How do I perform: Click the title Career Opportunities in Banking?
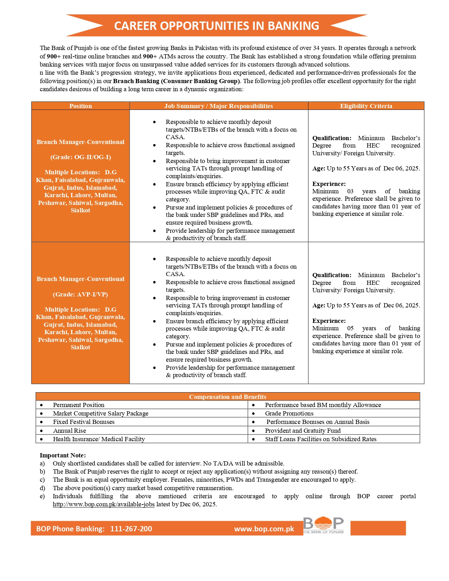coord(217,26)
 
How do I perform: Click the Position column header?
coord(80,106)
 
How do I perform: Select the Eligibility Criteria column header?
coord(366,106)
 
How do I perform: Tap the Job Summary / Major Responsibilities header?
coord(218,106)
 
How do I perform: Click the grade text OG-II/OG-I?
coord(81,157)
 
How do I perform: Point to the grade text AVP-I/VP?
coord(81,294)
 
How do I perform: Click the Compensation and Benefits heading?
coord(227,397)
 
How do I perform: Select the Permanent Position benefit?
coord(79,405)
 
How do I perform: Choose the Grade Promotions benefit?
coord(289,413)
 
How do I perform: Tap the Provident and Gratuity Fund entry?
coord(303,431)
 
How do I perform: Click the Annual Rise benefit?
coord(69,431)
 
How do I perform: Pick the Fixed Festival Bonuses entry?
coord(83,422)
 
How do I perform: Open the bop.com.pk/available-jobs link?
coord(104,504)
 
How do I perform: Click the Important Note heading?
coord(63,455)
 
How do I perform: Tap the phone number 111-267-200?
coord(131,529)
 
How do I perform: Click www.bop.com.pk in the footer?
coord(264,529)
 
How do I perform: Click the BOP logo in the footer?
coord(323,525)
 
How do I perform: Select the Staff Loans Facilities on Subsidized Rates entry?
coord(320,439)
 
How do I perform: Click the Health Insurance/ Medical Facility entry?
coord(99,439)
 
